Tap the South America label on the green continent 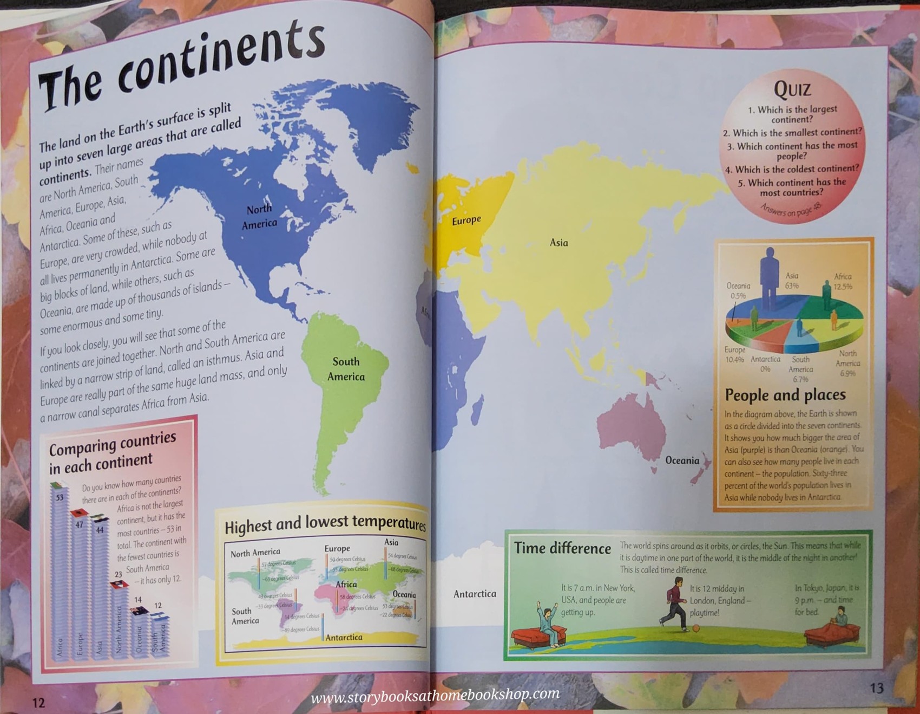pyautogui.click(x=346, y=369)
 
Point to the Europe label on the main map pyautogui.click(x=466, y=220)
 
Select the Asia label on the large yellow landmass pyautogui.click(x=558, y=243)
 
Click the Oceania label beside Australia pyautogui.click(x=682, y=460)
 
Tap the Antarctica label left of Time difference pyautogui.click(x=475, y=594)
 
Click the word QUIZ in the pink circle pyautogui.click(x=792, y=88)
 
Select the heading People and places pyautogui.click(x=785, y=395)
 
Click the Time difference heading pyautogui.click(x=562, y=548)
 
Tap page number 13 pyautogui.click(x=876, y=688)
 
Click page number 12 pyautogui.click(x=38, y=703)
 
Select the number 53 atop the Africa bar pyautogui.click(x=60, y=497)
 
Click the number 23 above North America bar pyautogui.click(x=118, y=574)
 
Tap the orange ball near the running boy pyautogui.click(x=696, y=628)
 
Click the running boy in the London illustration pyautogui.click(x=674, y=601)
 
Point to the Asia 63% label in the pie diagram pyautogui.click(x=792, y=281)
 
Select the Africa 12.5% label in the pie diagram pyautogui.click(x=843, y=281)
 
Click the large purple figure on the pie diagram pyautogui.click(x=768, y=276)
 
